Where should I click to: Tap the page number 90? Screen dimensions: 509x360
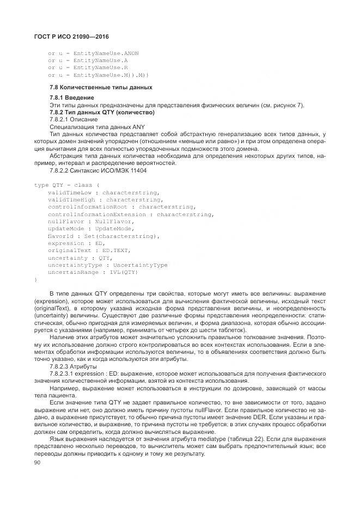coord(38,462)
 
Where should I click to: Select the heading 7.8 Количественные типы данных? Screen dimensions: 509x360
coord(101,87)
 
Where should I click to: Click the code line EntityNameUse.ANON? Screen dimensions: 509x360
coord(93,53)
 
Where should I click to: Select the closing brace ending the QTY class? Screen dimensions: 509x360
coord(35,279)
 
